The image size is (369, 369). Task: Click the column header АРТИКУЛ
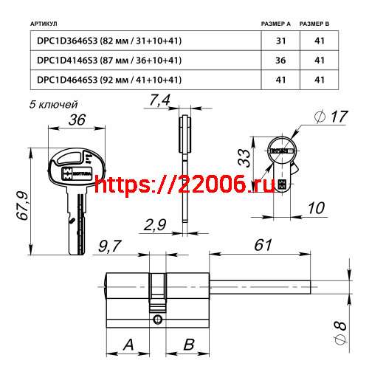pos(48,24)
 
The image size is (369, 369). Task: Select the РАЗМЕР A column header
pos(277,24)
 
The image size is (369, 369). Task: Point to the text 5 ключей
pos(54,106)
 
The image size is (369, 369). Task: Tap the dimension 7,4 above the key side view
pos(159,100)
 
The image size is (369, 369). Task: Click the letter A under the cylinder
pos(128,344)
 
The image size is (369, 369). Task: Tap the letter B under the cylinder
pos(188,344)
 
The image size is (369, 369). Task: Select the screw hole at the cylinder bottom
pos(157,320)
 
